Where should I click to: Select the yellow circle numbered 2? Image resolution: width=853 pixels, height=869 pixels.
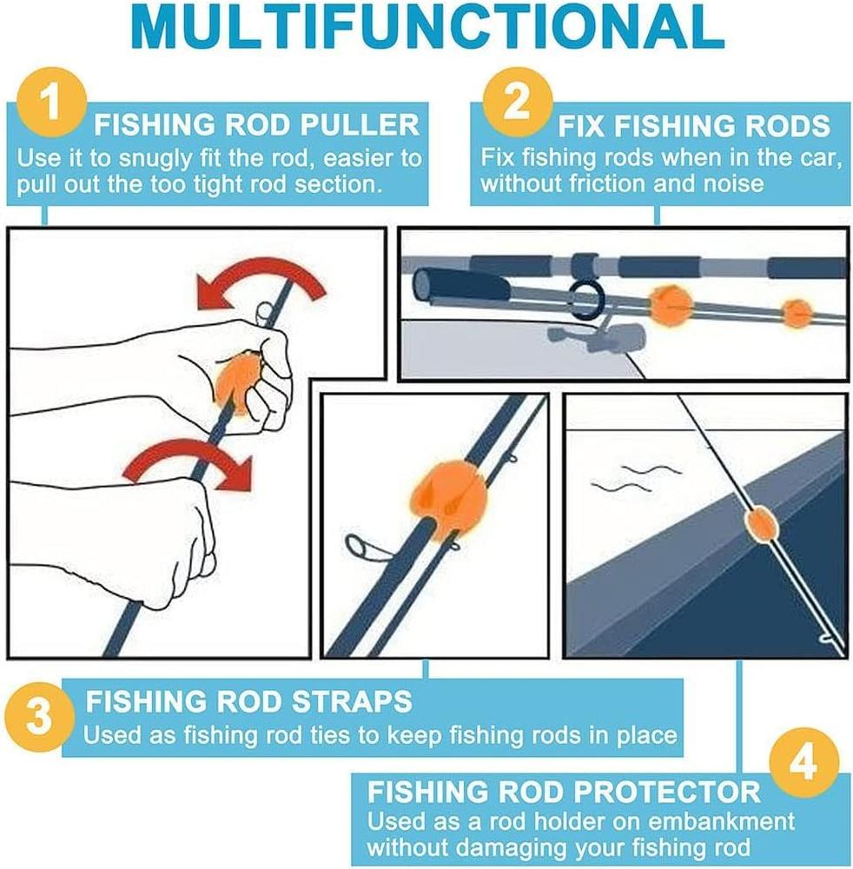[x=516, y=103]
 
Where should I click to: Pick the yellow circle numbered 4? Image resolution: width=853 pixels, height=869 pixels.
[x=804, y=764]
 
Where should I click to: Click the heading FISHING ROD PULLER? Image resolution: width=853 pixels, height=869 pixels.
[x=256, y=125]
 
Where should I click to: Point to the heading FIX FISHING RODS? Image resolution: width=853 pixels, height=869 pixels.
[x=693, y=127]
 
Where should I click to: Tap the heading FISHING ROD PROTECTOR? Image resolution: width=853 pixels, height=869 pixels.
[x=564, y=792]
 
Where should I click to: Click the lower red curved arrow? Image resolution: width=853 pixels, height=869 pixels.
[x=186, y=458]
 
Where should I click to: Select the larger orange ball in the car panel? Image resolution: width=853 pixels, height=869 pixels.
[x=670, y=305]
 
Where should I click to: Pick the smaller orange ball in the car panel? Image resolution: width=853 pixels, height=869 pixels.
[x=796, y=313]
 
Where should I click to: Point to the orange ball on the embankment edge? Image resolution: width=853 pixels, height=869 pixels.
[x=759, y=523]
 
